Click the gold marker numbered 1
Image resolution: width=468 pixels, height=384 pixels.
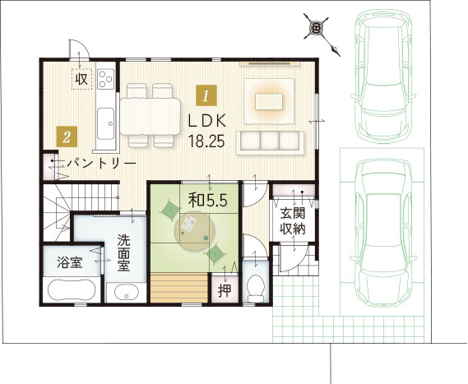[206, 95]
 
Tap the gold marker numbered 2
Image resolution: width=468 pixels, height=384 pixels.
[67, 136]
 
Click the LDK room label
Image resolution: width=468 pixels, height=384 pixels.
[207, 121]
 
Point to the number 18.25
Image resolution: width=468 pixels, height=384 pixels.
[206, 141]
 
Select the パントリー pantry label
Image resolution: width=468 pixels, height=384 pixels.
[101, 164]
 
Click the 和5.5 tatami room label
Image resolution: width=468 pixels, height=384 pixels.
[208, 201]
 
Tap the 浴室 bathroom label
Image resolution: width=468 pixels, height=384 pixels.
[70, 262]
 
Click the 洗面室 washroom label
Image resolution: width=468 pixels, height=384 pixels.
[123, 252]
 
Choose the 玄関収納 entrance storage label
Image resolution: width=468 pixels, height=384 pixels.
[293, 221]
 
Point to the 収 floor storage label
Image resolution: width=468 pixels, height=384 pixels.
[81, 79]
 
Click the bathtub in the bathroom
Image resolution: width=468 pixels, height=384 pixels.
[72, 290]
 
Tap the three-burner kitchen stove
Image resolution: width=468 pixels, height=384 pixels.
[105, 79]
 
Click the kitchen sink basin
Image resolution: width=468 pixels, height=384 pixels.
[106, 124]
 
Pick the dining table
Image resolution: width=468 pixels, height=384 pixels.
[151, 117]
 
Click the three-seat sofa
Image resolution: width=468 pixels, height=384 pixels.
[270, 143]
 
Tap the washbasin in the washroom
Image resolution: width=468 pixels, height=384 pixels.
[127, 293]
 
